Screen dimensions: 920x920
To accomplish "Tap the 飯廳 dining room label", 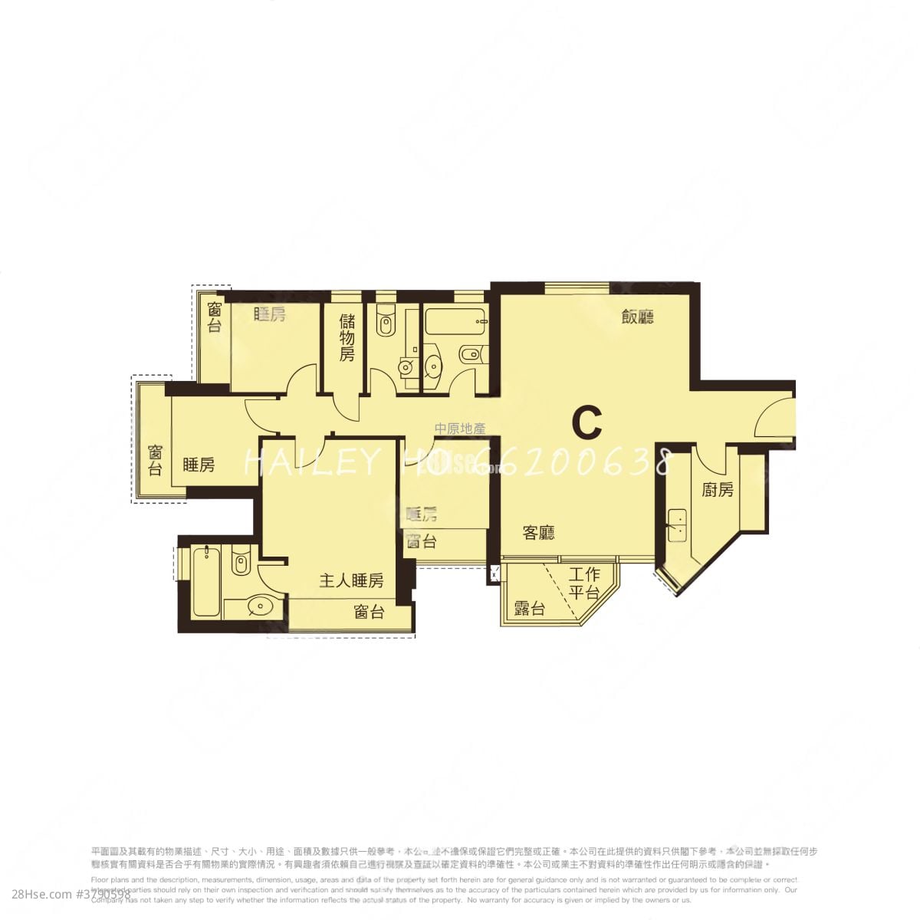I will point(637,317).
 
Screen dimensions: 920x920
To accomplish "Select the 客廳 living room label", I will point(539,533).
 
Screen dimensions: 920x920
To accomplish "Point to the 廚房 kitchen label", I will point(718,489).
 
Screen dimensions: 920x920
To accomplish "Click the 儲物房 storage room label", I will point(347,337).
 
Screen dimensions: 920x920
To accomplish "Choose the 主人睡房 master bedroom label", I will point(351,580).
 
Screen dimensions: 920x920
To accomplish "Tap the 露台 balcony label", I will point(530,609).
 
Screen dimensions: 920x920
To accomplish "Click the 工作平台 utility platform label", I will point(584,583).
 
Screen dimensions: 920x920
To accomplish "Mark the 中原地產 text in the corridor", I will point(460,429).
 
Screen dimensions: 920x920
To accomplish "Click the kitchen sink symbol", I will point(677,526).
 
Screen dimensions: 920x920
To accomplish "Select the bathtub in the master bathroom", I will point(206,580).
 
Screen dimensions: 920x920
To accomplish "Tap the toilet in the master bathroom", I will point(241,564).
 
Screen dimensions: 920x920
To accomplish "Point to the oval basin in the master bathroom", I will point(261,607).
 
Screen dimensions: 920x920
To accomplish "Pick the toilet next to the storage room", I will point(385,323).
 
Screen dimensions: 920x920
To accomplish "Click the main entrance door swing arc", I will point(773,418).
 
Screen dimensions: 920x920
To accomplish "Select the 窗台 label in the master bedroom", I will point(370,611).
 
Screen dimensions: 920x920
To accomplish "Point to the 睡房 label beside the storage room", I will point(269,314).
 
